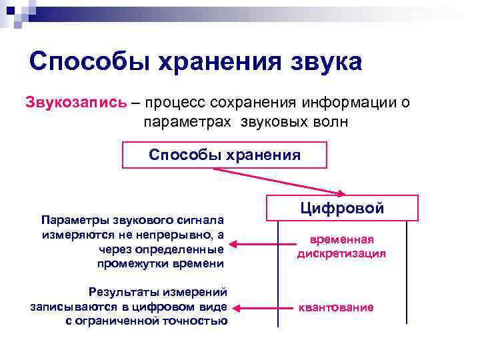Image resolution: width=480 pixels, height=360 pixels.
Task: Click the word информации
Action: pyautogui.click(x=345, y=103)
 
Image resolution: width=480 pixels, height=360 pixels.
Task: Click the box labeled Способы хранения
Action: pyautogui.click(x=225, y=155)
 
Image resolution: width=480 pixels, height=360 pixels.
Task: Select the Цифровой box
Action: pyautogui.click(x=342, y=208)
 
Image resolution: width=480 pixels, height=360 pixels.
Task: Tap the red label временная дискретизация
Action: pyautogui.click(x=341, y=247)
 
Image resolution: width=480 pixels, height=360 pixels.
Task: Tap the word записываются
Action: pyautogui.click(x=71, y=307)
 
